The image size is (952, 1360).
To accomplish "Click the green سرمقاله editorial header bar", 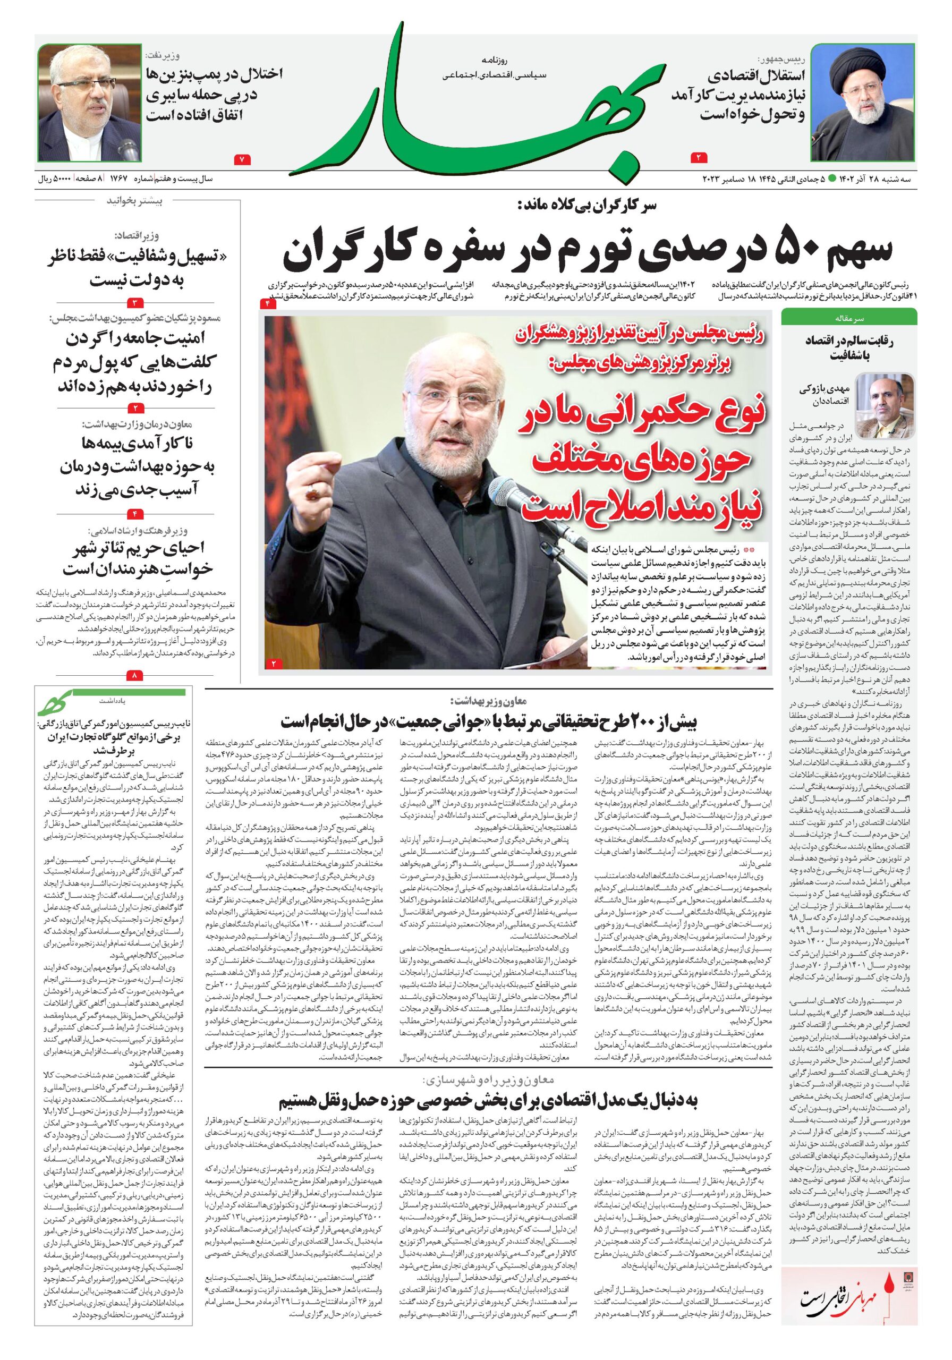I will click(x=848, y=318).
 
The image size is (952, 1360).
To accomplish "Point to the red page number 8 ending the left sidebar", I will click(x=134, y=675).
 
